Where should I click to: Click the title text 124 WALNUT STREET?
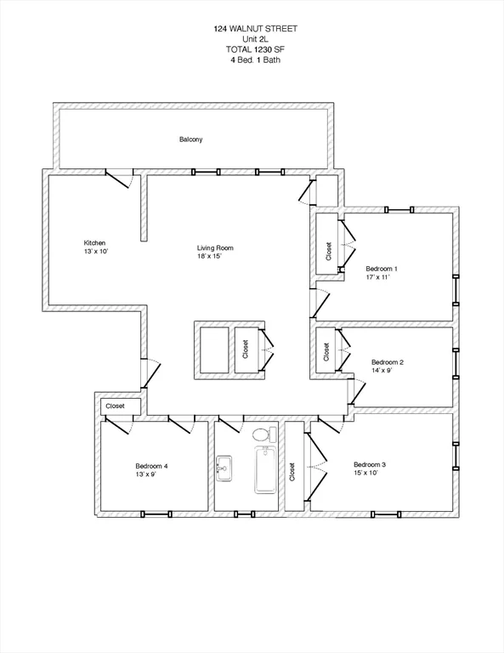tap(255, 28)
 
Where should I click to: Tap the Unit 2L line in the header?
tap(255, 38)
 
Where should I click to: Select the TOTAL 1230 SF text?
tap(255, 49)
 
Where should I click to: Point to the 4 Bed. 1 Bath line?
tap(255, 60)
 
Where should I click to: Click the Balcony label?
tap(191, 139)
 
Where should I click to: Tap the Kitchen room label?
tap(94, 241)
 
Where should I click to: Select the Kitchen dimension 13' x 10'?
tap(96, 252)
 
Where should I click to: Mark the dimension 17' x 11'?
tap(378, 278)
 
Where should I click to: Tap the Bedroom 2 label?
tap(388, 362)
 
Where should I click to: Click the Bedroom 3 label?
tap(370, 464)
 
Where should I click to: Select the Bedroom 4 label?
tap(152, 466)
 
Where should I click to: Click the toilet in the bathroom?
tap(262, 435)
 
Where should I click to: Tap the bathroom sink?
tap(224, 466)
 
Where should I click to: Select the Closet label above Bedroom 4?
tap(115, 406)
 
